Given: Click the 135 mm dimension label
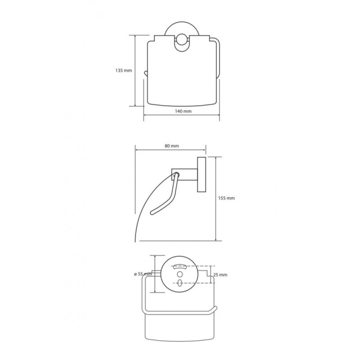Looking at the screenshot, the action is [123, 71].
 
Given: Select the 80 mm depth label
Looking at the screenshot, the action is [172, 146].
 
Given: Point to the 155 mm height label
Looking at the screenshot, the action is [226, 198].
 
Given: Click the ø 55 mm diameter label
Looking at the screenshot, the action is [143, 274].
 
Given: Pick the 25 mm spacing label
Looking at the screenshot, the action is [220, 274].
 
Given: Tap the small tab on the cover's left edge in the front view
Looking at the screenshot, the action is [145, 73].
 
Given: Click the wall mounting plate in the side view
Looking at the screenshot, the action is [202, 175].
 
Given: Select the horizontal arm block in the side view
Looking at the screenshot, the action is [184, 174].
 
